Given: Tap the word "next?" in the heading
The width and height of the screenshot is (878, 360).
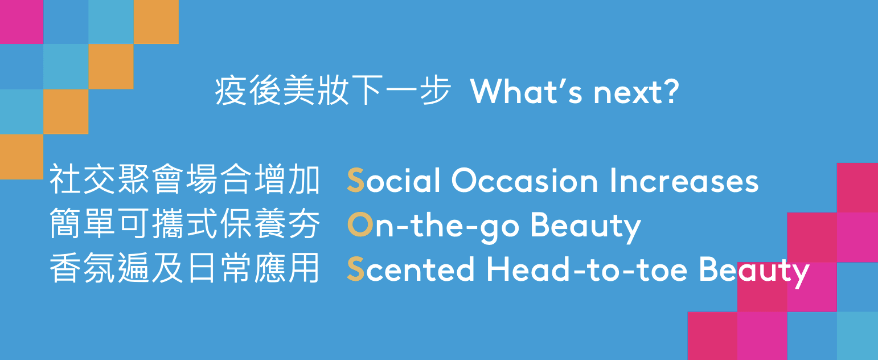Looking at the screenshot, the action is [636, 91].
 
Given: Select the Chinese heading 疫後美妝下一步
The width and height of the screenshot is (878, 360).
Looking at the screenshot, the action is [333, 91].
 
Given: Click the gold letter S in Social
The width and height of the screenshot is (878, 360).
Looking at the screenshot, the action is [355, 180].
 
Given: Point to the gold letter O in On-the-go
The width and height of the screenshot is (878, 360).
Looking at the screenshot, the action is [360, 224].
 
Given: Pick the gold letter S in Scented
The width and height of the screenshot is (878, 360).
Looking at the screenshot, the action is [355, 269].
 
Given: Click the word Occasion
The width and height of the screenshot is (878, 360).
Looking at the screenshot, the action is [525, 181].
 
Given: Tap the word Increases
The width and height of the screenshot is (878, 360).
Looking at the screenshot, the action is [684, 181].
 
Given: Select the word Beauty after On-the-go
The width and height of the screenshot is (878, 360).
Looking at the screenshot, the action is [585, 227].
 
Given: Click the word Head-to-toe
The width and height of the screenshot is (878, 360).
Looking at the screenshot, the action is [587, 269].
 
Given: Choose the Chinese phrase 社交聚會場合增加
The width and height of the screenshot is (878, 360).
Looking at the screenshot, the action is [185, 179].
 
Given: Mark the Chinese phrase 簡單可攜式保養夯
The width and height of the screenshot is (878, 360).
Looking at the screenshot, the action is [185, 223].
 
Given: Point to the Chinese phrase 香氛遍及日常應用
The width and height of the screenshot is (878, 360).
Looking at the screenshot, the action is [185, 268].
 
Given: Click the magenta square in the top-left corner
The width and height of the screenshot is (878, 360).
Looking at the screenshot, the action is [22, 22].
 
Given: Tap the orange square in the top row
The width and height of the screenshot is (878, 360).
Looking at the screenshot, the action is [156, 22].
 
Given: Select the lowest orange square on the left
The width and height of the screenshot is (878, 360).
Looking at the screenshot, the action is [22, 157].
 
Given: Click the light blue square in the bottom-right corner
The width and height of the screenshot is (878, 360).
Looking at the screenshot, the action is [858, 336].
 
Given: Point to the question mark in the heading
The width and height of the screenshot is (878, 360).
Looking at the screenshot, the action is [672, 91].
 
